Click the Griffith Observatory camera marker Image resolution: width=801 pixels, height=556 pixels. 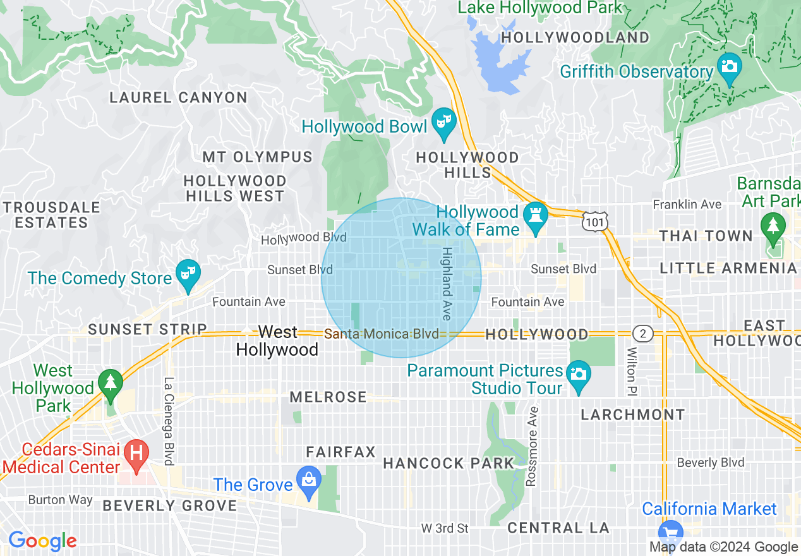[729, 67]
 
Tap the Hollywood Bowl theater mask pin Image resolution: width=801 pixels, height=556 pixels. [443, 122]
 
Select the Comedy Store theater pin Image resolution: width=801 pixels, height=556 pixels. [188, 274]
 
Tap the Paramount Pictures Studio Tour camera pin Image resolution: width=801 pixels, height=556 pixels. [579, 375]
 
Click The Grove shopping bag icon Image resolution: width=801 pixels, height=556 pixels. [308, 481]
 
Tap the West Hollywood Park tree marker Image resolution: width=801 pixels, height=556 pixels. [111, 384]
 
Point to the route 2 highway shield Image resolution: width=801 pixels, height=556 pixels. [642, 334]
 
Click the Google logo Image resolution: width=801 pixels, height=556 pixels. [42, 541]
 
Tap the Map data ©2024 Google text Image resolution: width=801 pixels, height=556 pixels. [723, 547]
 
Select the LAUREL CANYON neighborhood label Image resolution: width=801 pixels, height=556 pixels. [178, 97]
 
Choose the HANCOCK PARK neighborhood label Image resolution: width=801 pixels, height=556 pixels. [449, 463]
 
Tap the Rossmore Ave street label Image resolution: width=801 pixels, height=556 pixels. [531, 446]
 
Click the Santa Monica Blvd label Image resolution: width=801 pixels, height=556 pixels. [382, 334]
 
